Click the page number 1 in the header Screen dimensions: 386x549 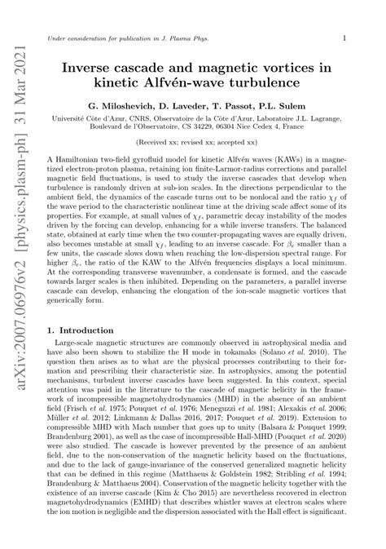(346, 38)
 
